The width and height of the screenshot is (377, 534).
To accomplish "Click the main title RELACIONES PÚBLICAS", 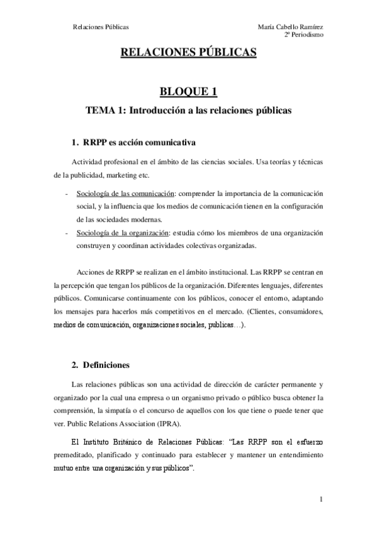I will (189, 54).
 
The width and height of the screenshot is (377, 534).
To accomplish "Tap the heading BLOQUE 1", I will (188, 92).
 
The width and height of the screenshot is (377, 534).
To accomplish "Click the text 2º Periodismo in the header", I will (304, 35).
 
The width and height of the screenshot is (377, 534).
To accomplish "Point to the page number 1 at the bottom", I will (321, 501).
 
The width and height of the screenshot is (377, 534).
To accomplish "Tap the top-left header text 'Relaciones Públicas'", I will (101, 27).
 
